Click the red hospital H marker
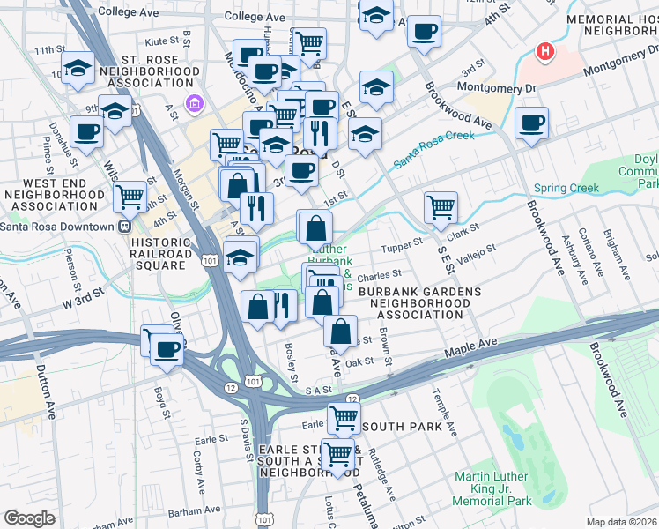click(x=546, y=51)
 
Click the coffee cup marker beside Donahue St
click(x=86, y=131)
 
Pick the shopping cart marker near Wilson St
click(x=130, y=197)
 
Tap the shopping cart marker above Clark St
click(x=441, y=208)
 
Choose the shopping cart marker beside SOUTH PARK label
click(x=344, y=417)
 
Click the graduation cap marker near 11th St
click(x=79, y=67)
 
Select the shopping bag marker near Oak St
click(x=340, y=332)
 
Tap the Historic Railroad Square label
click(x=161, y=248)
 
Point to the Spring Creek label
click(x=566, y=188)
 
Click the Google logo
click(x=29, y=518)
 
